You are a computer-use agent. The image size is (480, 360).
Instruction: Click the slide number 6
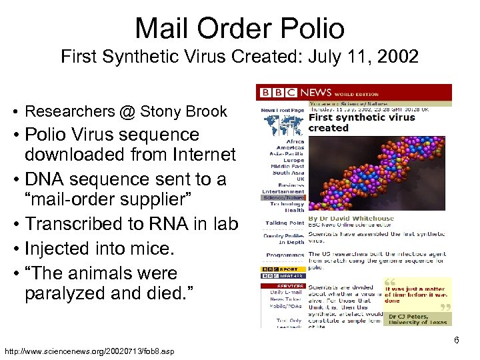coord(457,341)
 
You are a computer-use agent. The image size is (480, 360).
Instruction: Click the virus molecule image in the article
coord(379,173)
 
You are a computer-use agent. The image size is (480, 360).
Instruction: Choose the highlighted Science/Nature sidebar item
coord(283,198)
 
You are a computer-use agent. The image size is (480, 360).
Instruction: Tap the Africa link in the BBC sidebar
coord(295,142)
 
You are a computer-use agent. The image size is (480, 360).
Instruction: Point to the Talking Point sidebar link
coord(285,223)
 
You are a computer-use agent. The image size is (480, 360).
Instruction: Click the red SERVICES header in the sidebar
coord(285,286)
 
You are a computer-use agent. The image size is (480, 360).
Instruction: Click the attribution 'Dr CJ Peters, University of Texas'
coord(417,319)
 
